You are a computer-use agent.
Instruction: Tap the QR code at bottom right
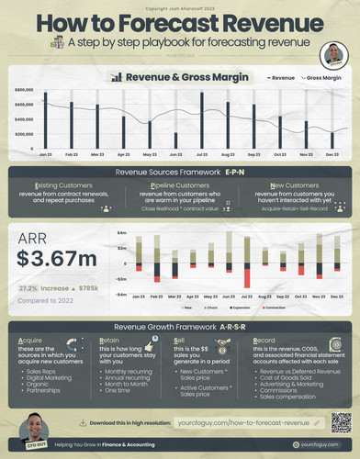click(x=340, y=423)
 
